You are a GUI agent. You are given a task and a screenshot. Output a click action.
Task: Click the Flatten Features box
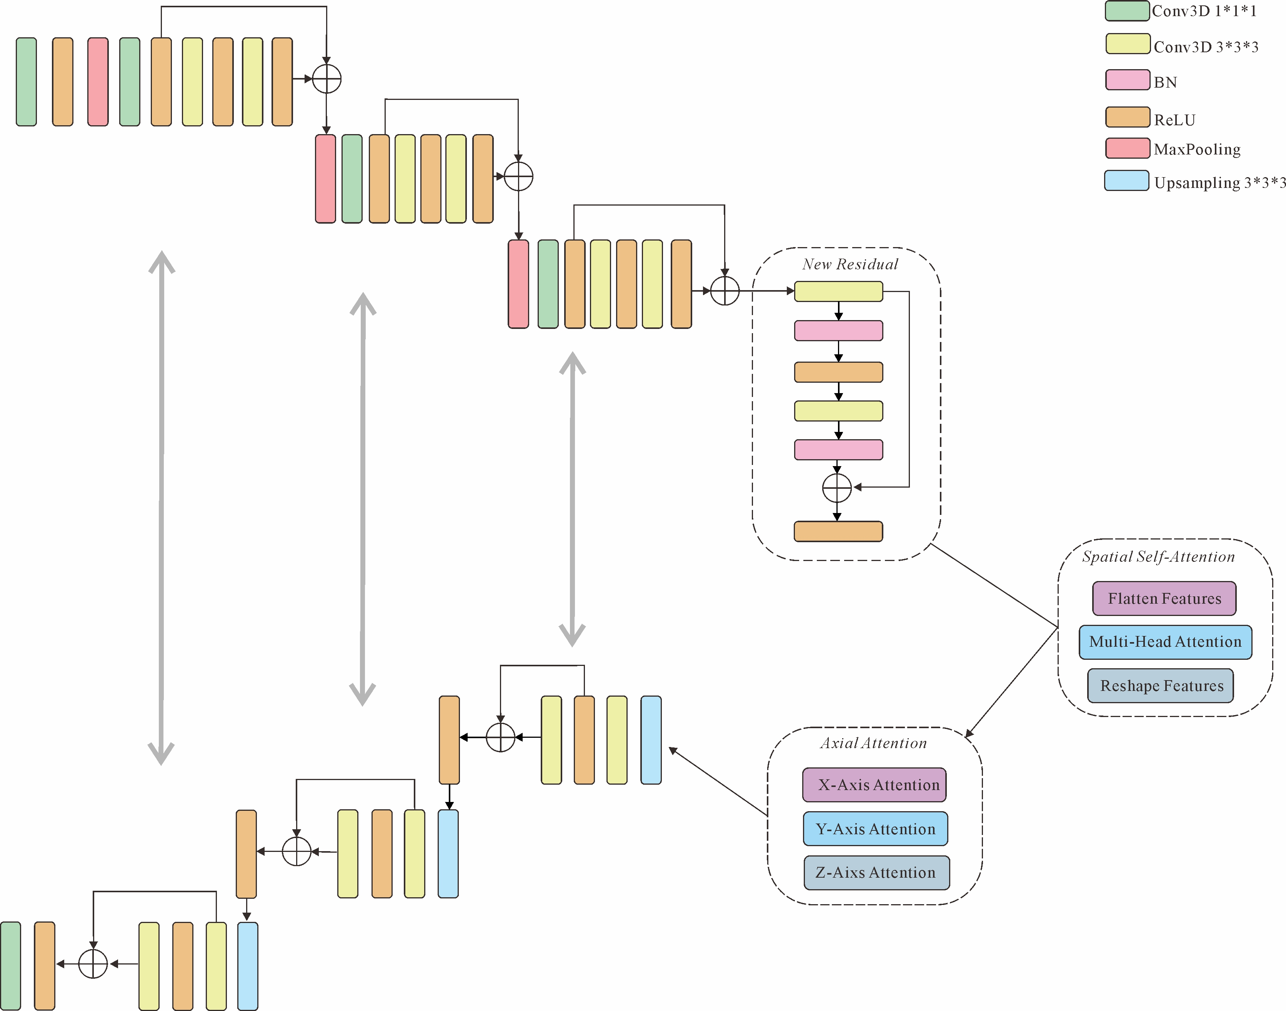coord(1164,598)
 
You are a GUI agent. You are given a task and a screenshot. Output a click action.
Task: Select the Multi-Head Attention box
coord(1165,642)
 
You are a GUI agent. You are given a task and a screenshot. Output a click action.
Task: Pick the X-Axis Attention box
coord(874,785)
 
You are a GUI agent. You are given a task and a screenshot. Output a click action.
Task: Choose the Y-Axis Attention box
coord(875,829)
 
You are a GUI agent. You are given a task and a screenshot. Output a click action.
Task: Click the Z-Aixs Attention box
coord(876,873)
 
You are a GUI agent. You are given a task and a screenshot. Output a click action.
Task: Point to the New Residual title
coord(850,265)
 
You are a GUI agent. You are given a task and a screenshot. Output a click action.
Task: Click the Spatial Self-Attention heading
coord(1158,557)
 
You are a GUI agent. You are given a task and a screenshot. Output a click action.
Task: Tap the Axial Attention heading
coord(873,744)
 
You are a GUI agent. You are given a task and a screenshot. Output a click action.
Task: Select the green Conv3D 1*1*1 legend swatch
coord(1127,11)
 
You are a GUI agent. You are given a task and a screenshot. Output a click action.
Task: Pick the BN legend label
coord(1165,82)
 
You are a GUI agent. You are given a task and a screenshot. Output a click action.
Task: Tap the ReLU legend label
coord(1174,120)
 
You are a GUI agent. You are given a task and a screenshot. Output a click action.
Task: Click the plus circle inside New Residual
coord(837,488)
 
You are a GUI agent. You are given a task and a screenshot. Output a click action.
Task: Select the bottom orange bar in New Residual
coord(838,531)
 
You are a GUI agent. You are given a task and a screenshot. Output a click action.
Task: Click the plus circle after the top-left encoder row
coord(326,79)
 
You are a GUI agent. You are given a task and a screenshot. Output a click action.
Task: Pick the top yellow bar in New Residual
coord(838,292)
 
